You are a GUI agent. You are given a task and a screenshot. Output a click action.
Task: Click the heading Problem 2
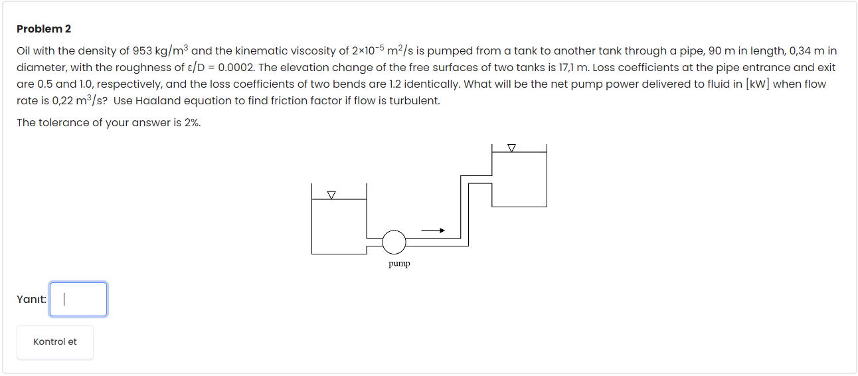pos(44,29)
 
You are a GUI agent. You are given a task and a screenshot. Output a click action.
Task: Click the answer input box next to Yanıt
pos(78,300)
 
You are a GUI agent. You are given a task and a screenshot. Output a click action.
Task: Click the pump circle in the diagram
pos(394,242)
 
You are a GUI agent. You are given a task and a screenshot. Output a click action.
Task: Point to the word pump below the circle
pos(399,264)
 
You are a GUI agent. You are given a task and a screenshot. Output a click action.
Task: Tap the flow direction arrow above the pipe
pos(432,231)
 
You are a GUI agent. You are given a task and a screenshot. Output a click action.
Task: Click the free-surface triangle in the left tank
pos(331,195)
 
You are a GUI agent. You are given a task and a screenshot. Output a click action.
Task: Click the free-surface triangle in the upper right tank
pos(511,147)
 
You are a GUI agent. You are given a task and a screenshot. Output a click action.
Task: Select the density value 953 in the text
pos(143,51)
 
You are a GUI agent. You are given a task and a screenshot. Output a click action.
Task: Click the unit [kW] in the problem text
pos(759,84)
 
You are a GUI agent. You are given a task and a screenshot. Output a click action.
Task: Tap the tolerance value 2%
pos(190,123)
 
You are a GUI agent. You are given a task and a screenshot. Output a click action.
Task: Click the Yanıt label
pos(31,300)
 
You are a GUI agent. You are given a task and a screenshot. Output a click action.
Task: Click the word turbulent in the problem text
pos(415,101)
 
